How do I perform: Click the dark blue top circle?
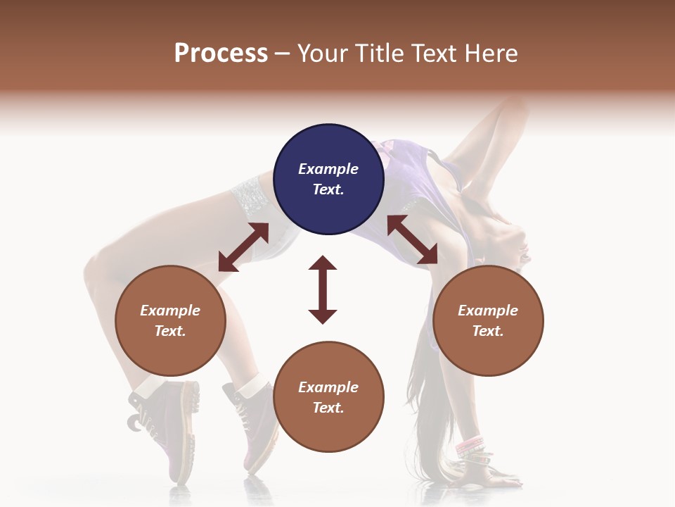(328, 179)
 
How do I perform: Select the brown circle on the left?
(170, 320)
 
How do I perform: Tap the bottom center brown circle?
(328, 396)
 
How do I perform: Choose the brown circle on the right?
(488, 320)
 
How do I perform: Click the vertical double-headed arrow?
(323, 289)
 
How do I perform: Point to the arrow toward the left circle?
(243, 247)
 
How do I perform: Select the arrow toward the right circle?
(412, 239)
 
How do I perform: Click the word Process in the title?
(221, 53)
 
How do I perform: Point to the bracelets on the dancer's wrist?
(470, 446)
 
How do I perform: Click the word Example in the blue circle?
(328, 169)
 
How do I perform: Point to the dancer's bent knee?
(98, 271)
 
